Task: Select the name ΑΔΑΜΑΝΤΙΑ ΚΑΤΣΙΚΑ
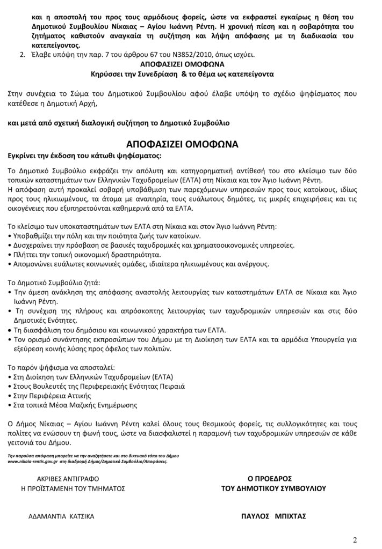pos(61,516)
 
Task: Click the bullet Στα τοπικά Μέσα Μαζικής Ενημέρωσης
pos(75,405)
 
